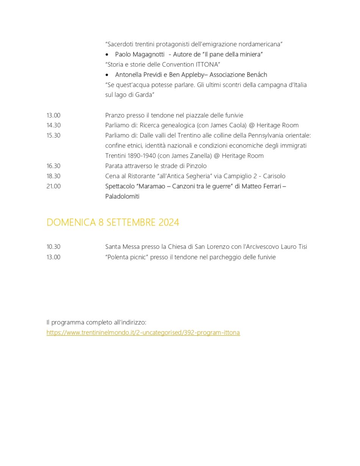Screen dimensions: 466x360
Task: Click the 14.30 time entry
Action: click(x=53, y=125)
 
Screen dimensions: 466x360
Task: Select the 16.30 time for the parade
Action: click(x=53, y=166)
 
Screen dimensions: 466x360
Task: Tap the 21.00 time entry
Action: click(x=53, y=186)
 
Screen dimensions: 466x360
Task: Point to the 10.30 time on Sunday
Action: click(x=53, y=246)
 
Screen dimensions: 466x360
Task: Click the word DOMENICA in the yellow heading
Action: click(x=71, y=222)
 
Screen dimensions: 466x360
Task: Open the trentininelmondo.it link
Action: click(x=143, y=333)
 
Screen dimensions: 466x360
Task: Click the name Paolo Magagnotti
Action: click(x=139, y=54)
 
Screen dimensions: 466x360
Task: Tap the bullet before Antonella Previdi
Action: click(x=107, y=75)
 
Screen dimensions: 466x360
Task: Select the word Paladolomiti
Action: click(x=122, y=196)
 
